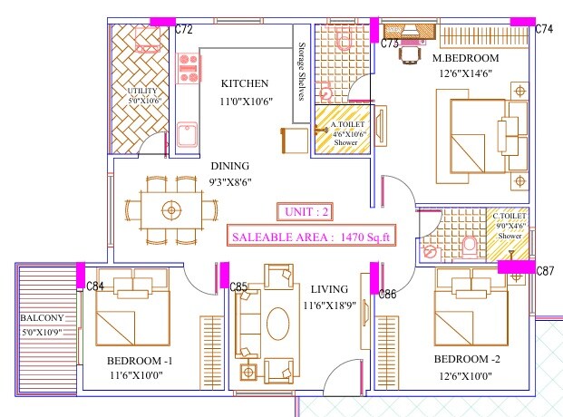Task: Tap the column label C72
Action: pyautogui.click(x=184, y=30)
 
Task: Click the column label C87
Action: pyautogui.click(x=545, y=271)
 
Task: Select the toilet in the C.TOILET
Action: pyautogui.click(x=469, y=245)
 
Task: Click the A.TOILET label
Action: pyautogui.click(x=345, y=124)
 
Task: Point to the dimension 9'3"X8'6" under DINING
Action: pyautogui.click(x=230, y=181)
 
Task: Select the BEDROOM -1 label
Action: pyautogui.click(x=139, y=359)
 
